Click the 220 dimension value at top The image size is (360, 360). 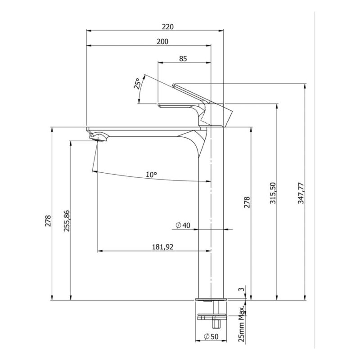click(168, 27)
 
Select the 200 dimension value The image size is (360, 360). click(162, 41)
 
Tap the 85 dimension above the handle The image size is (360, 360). click(183, 59)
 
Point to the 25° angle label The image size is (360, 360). click(137, 83)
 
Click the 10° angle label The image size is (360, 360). click(151, 175)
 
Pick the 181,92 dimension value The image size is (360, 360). click(163, 247)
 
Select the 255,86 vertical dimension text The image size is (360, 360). click(67, 220)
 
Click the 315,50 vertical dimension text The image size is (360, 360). click(273, 193)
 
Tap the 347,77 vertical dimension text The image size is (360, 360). click(301, 193)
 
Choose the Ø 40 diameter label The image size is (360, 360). click(183, 225)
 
